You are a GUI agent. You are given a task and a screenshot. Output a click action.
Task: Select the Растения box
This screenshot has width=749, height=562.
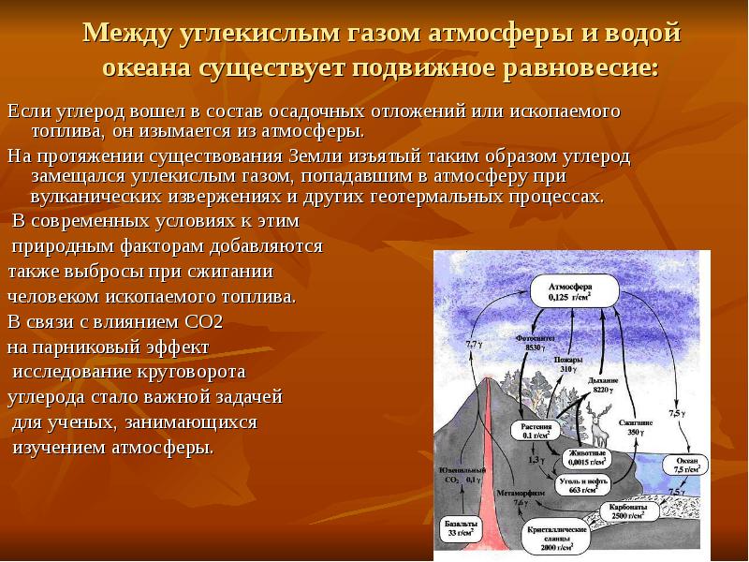click(541, 431)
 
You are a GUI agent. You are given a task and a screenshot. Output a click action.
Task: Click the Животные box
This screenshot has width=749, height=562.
click(587, 457)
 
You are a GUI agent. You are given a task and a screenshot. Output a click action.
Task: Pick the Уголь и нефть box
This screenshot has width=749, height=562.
click(578, 484)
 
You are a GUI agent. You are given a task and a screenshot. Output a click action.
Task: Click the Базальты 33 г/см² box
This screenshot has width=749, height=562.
click(460, 527)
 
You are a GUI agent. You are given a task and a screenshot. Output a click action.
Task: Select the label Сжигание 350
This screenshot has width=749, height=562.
click(637, 426)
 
